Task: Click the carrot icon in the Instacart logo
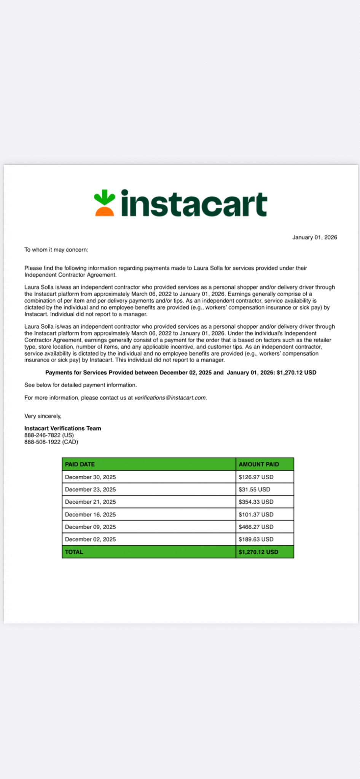click(105, 203)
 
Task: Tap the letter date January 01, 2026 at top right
click(314, 237)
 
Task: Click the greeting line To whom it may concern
click(56, 250)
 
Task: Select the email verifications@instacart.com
click(170, 398)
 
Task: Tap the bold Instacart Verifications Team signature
click(63, 428)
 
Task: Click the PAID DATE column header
click(80, 464)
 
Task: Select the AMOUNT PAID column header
click(259, 464)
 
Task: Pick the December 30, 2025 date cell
click(91, 477)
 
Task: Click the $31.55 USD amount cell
click(254, 490)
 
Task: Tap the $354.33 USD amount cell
click(256, 502)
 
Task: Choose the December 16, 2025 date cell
click(91, 515)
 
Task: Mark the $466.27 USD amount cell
click(256, 527)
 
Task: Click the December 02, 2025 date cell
click(91, 539)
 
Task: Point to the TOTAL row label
click(74, 552)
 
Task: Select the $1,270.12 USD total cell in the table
click(258, 552)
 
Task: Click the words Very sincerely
click(43, 416)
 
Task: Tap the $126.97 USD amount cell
click(256, 477)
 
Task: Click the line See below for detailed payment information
click(80, 385)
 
